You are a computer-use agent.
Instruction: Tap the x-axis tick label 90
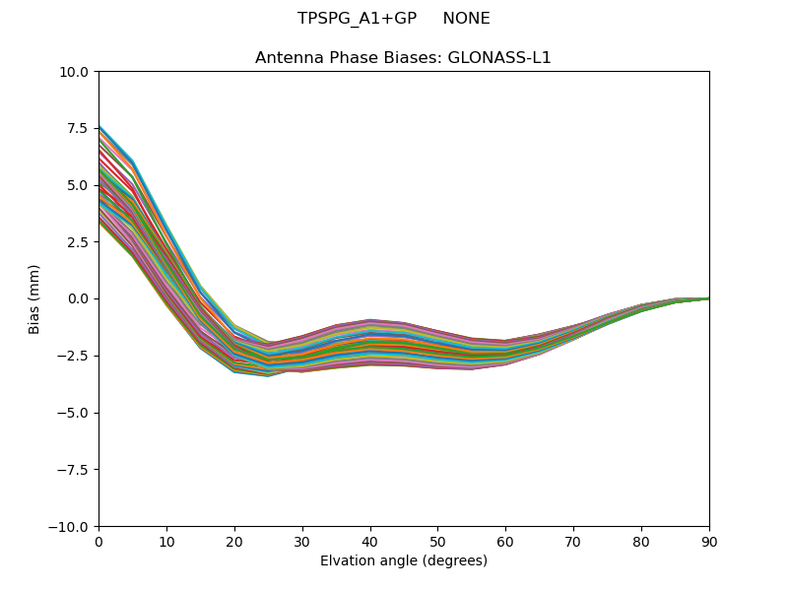click(709, 542)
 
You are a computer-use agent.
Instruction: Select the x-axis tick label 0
click(98, 542)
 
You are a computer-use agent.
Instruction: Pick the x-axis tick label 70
click(573, 542)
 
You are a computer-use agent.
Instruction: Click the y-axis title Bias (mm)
click(34, 298)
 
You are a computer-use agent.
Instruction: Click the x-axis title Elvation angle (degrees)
click(404, 561)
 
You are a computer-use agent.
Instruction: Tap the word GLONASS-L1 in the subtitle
click(499, 58)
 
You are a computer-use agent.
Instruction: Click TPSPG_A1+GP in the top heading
click(353, 19)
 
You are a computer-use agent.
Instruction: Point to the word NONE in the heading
click(466, 19)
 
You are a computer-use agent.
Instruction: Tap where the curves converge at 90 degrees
click(708, 298)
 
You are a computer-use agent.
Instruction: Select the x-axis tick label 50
click(437, 542)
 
